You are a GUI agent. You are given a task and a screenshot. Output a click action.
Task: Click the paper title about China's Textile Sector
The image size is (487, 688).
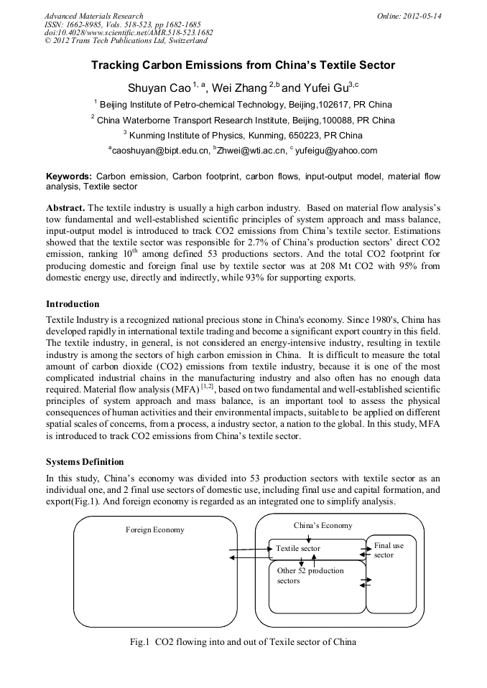(243, 65)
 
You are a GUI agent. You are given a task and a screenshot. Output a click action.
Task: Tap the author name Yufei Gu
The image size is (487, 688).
(327, 88)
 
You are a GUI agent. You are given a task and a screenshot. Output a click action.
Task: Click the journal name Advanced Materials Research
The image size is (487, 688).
(93, 16)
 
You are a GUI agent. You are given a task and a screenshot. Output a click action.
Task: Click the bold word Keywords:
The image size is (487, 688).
(69, 176)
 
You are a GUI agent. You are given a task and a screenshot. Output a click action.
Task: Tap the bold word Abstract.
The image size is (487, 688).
(65, 207)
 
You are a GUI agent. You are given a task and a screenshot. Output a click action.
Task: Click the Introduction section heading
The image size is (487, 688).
(73, 304)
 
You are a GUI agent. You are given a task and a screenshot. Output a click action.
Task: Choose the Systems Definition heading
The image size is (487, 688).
(85, 461)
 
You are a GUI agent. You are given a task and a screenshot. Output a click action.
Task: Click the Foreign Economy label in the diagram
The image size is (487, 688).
(155, 530)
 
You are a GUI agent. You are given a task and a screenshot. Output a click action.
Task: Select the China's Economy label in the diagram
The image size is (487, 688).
(323, 525)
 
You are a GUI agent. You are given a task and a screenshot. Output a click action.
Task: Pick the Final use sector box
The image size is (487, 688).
(389, 550)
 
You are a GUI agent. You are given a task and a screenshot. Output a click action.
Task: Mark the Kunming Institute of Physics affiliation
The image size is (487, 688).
(243, 135)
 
